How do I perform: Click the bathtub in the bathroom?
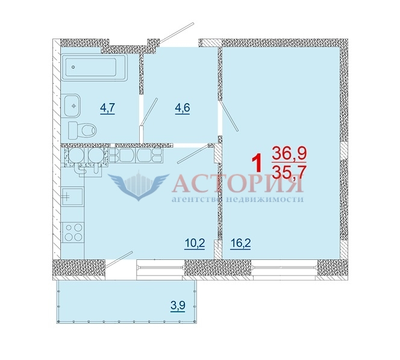(x=95, y=68)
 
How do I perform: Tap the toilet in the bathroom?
(x=82, y=130)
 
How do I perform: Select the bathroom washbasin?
(x=71, y=106)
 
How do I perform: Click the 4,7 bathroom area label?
(x=108, y=109)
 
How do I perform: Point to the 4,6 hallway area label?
(x=183, y=109)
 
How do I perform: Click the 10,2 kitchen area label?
(x=195, y=244)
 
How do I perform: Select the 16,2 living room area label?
(x=240, y=244)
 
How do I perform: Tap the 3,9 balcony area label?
(x=178, y=305)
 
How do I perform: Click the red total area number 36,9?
(x=289, y=153)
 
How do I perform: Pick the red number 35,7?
(x=289, y=172)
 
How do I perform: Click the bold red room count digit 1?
(x=257, y=163)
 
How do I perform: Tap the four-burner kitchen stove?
(x=73, y=232)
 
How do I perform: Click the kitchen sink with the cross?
(x=72, y=196)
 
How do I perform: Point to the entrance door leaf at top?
(x=177, y=33)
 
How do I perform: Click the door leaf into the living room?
(x=229, y=116)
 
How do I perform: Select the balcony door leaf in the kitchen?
(x=119, y=259)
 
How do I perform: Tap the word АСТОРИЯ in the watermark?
(x=238, y=183)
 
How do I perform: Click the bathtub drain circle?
(x=73, y=67)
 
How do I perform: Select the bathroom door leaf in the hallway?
(x=150, y=112)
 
